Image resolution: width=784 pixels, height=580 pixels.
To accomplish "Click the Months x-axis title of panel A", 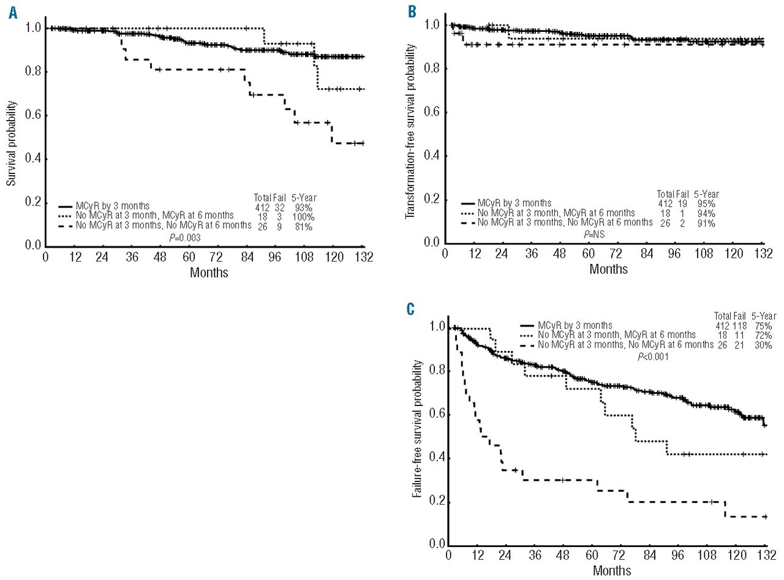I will (x=209, y=273).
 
